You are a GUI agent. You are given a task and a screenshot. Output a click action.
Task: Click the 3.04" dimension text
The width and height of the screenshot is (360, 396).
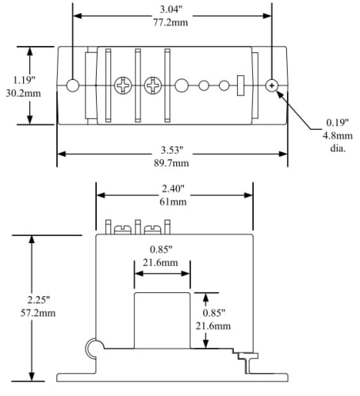171,10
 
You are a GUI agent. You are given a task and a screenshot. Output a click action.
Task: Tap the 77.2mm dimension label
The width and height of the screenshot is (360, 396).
170,22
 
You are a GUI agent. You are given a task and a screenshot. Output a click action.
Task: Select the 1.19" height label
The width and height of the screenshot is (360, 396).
24,80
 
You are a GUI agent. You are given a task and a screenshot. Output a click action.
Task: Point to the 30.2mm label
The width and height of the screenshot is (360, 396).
24,93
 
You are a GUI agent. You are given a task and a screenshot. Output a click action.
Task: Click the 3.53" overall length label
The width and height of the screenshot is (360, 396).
172,150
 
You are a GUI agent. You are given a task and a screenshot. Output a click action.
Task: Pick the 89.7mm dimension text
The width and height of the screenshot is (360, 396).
171,163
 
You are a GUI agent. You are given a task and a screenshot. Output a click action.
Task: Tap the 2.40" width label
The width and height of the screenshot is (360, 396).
173,188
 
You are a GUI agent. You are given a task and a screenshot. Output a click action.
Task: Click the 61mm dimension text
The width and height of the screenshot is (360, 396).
173,202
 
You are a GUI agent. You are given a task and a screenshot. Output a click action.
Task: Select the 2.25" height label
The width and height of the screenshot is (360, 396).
39,300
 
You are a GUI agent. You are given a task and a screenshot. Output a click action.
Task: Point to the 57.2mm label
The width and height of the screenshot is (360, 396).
38,313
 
